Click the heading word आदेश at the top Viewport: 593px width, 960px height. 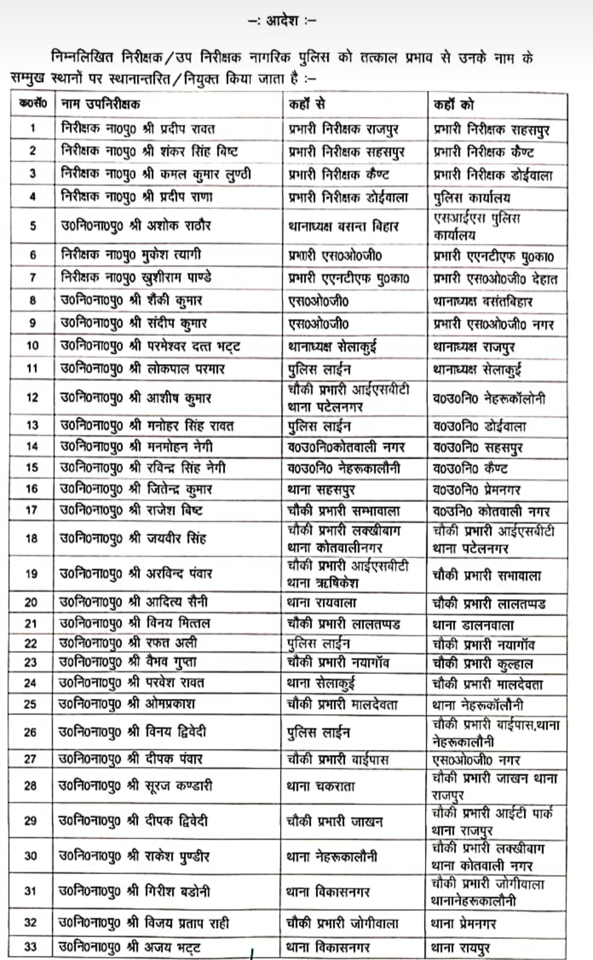pyautogui.click(x=282, y=21)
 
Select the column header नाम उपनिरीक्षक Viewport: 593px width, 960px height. pyautogui.click(x=100, y=104)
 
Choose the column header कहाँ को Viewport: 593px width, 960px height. pyautogui.click(x=454, y=104)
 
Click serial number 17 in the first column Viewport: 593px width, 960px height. pyautogui.click(x=32, y=510)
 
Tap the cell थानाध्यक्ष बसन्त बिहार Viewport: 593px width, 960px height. pyautogui.click(x=343, y=226)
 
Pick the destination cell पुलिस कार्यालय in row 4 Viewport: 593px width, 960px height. pyautogui.click(x=472, y=198)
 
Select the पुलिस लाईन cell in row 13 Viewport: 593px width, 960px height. pyautogui.click(x=320, y=426)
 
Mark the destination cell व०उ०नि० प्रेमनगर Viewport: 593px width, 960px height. pyautogui.click(x=477, y=489)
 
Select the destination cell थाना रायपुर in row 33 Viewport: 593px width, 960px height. pyautogui.click(x=461, y=947)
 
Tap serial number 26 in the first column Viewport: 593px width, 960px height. pyautogui.click(x=31, y=732)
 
